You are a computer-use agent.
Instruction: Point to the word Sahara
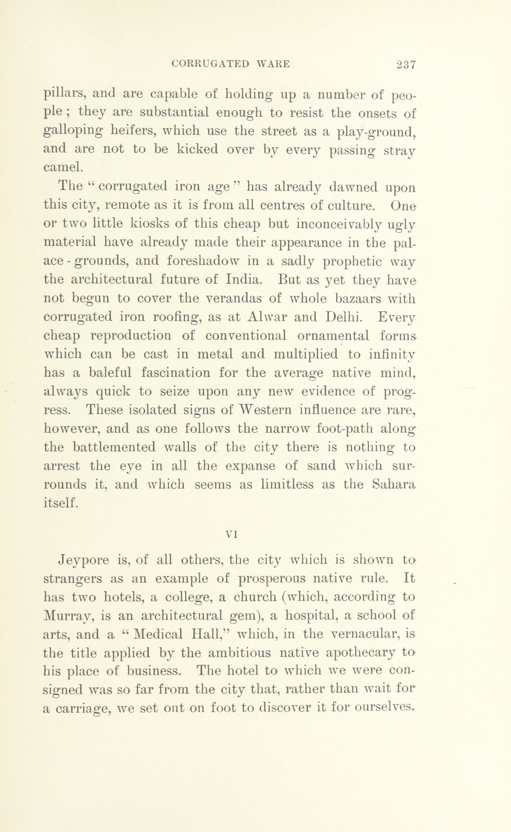(x=394, y=485)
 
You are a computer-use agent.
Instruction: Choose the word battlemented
(x=114, y=447)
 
